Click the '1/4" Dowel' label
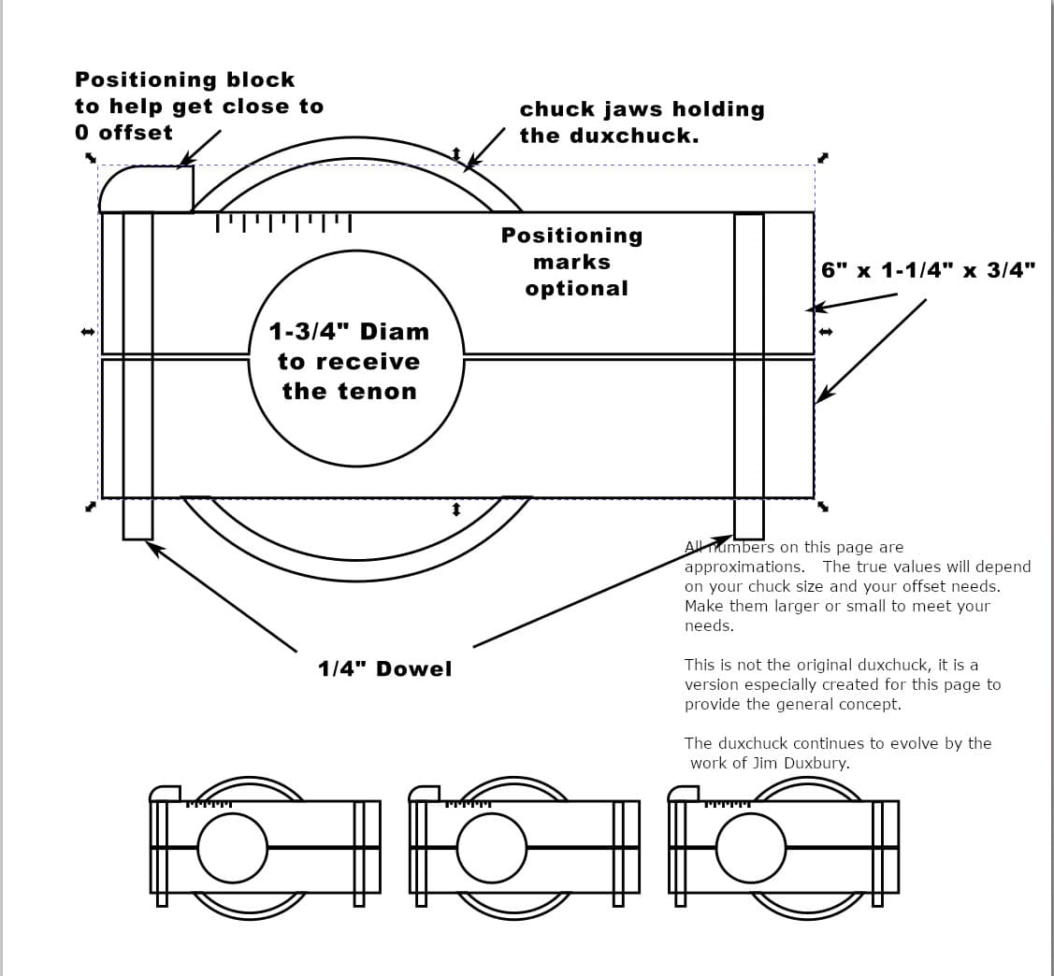(x=384, y=668)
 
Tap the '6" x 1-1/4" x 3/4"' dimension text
(x=928, y=270)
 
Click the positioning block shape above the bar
(x=146, y=190)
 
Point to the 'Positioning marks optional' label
(x=572, y=262)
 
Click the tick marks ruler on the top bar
(x=283, y=223)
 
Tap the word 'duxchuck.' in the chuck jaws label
(x=634, y=136)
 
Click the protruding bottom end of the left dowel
(x=137, y=519)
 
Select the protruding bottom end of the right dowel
(x=749, y=519)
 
